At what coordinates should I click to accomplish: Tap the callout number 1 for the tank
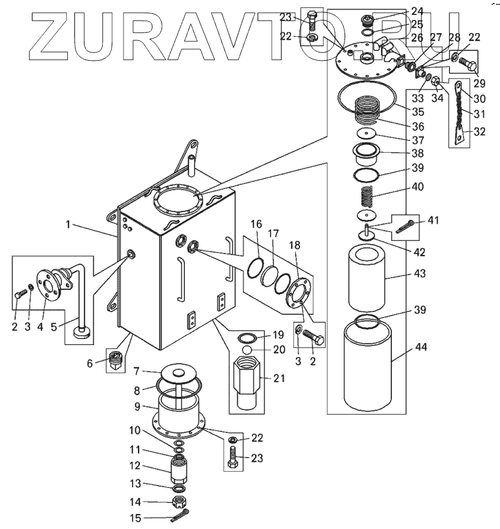pos(69,224)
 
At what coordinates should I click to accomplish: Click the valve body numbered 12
pos(178,466)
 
